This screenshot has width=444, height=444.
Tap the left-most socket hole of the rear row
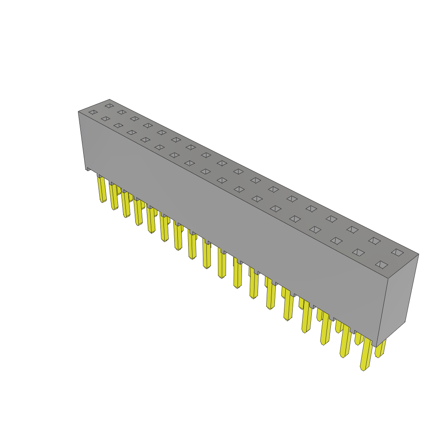click(109, 105)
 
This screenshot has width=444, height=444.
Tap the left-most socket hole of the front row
click(93, 112)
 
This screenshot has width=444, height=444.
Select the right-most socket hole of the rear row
click(397, 252)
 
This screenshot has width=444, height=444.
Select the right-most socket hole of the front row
click(382, 264)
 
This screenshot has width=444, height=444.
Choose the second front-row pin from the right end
click(346, 343)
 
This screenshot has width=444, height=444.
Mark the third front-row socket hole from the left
click(118, 126)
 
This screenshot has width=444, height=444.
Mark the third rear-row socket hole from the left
click(135, 118)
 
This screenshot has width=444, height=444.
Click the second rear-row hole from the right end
click(375, 241)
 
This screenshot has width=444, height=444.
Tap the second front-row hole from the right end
click(358, 252)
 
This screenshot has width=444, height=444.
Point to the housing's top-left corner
click(79, 112)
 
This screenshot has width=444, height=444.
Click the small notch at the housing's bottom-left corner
click(88, 169)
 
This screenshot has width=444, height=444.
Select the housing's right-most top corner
click(418, 254)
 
